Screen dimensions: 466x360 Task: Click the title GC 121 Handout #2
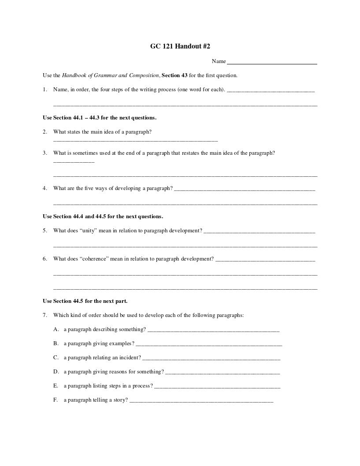tap(180, 46)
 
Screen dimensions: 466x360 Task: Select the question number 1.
tap(45, 89)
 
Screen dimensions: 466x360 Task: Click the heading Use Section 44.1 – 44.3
tap(99, 118)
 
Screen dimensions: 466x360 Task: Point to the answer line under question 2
tap(135, 141)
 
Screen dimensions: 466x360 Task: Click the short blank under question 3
tap(74, 162)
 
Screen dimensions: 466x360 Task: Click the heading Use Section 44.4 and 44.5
tap(103, 216)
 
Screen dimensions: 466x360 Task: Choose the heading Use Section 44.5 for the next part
tap(85, 301)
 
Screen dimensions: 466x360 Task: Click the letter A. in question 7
tap(56, 329)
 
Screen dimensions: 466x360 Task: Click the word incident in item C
tap(130, 358)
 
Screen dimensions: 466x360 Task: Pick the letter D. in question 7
tap(56, 372)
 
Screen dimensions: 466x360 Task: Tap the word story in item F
tap(119, 400)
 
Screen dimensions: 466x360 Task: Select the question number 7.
tap(45, 315)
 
